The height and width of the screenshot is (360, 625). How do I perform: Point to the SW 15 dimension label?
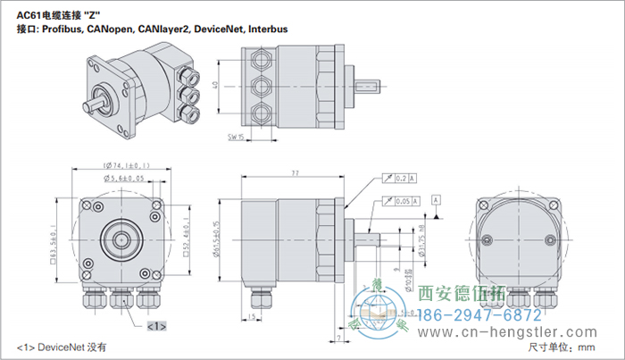[x=237, y=138]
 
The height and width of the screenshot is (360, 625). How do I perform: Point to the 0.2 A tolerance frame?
[x=398, y=179]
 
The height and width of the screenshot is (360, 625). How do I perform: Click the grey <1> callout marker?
[x=155, y=326]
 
